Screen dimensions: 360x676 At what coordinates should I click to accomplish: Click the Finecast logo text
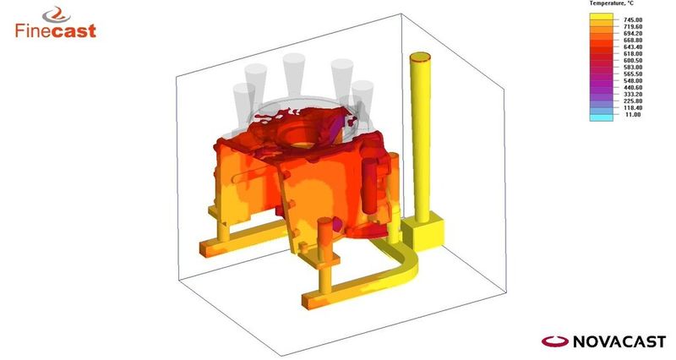[x=56, y=31]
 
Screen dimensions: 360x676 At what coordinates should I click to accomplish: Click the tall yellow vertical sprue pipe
[x=419, y=135]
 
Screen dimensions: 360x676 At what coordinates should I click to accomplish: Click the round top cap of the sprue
[x=419, y=58]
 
